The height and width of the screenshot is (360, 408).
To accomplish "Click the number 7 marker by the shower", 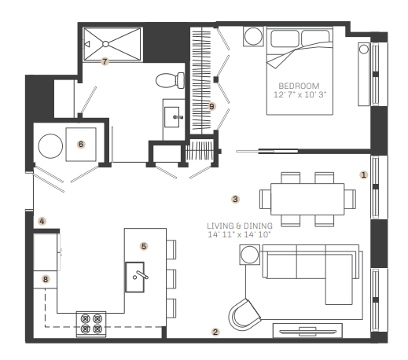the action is [x=105, y=61].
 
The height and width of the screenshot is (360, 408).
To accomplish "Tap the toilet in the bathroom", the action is [x=171, y=80].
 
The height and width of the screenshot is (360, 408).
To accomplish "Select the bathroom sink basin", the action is [x=172, y=117].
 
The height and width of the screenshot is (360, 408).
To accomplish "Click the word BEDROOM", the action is [x=299, y=86].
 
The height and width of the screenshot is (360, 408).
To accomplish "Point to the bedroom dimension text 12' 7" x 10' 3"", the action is [x=300, y=94].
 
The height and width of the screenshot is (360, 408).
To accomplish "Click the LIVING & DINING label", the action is [x=240, y=226].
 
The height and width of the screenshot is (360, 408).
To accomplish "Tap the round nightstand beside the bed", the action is [x=253, y=36].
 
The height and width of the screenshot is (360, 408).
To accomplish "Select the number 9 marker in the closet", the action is [x=211, y=106].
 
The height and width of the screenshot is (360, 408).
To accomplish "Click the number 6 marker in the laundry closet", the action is [x=81, y=144].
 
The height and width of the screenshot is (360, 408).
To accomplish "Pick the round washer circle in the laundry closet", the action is [x=50, y=146].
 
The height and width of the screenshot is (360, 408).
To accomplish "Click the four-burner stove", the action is [x=91, y=324].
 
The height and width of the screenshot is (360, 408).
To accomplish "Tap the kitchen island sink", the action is [x=135, y=277].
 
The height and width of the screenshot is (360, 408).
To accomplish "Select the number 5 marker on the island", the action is [x=144, y=246].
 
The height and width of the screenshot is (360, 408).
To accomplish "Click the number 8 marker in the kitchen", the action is [x=46, y=279].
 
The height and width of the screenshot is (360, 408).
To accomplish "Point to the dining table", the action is [x=307, y=199].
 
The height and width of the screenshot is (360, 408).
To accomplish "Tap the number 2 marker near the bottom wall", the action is [x=215, y=332].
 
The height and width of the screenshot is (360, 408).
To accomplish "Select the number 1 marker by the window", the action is [x=363, y=174].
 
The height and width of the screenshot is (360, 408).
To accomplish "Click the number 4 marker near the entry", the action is [x=42, y=221].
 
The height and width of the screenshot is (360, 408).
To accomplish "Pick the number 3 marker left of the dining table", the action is [x=235, y=199].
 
